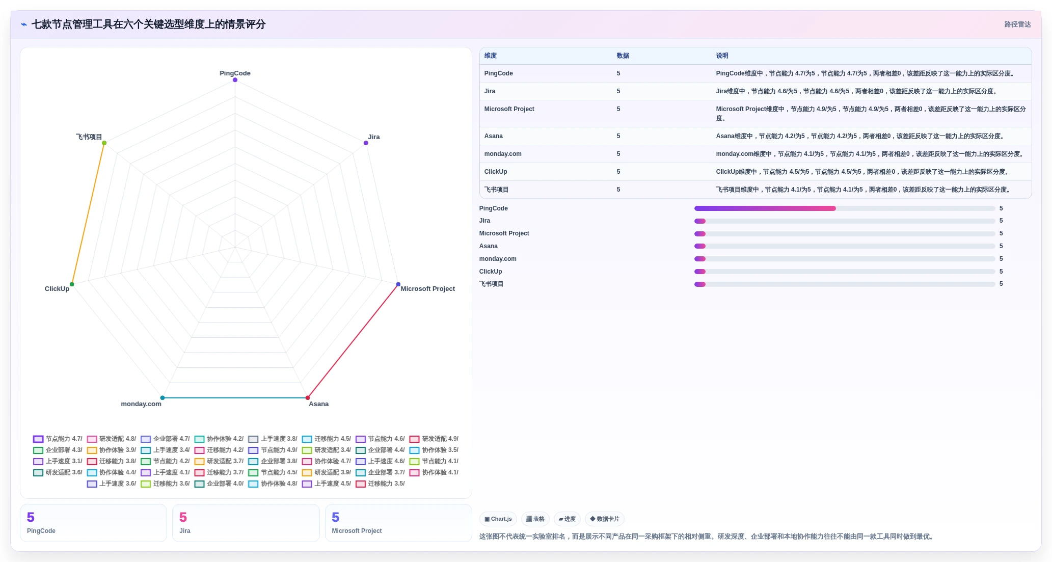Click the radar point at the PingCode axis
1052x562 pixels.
[235, 80]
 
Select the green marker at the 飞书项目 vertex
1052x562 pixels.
[104, 143]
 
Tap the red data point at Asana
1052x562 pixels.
[308, 397]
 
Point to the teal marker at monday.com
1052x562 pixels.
[163, 397]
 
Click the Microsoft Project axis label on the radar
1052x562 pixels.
[427, 289]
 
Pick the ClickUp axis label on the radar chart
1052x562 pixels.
[57, 289]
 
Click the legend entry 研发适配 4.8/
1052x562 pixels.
[112, 439]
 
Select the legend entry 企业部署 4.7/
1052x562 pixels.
[165, 439]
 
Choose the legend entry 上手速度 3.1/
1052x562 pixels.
[58, 461]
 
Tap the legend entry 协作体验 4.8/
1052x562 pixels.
[273, 484]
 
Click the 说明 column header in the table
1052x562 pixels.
[722, 56]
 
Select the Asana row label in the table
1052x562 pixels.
[493, 136]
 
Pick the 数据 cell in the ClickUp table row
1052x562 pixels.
[618, 172]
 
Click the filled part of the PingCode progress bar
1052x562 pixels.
[765, 208]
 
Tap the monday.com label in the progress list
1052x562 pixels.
[497, 259]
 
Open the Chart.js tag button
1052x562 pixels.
[498, 519]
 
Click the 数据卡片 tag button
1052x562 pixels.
[605, 519]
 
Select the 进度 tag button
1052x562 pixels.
[567, 519]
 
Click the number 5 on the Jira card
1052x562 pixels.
[183, 517]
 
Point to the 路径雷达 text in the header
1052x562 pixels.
[1017, 24]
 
